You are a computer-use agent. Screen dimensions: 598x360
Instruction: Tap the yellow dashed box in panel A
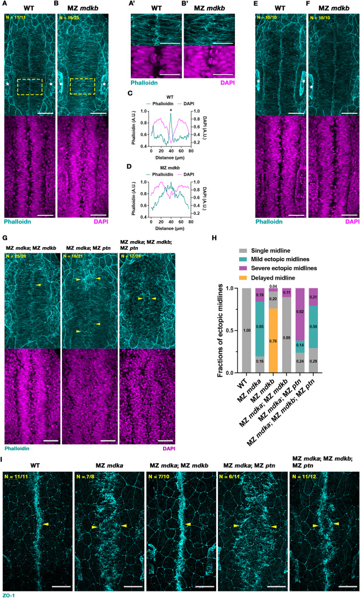(x=30, y=86)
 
